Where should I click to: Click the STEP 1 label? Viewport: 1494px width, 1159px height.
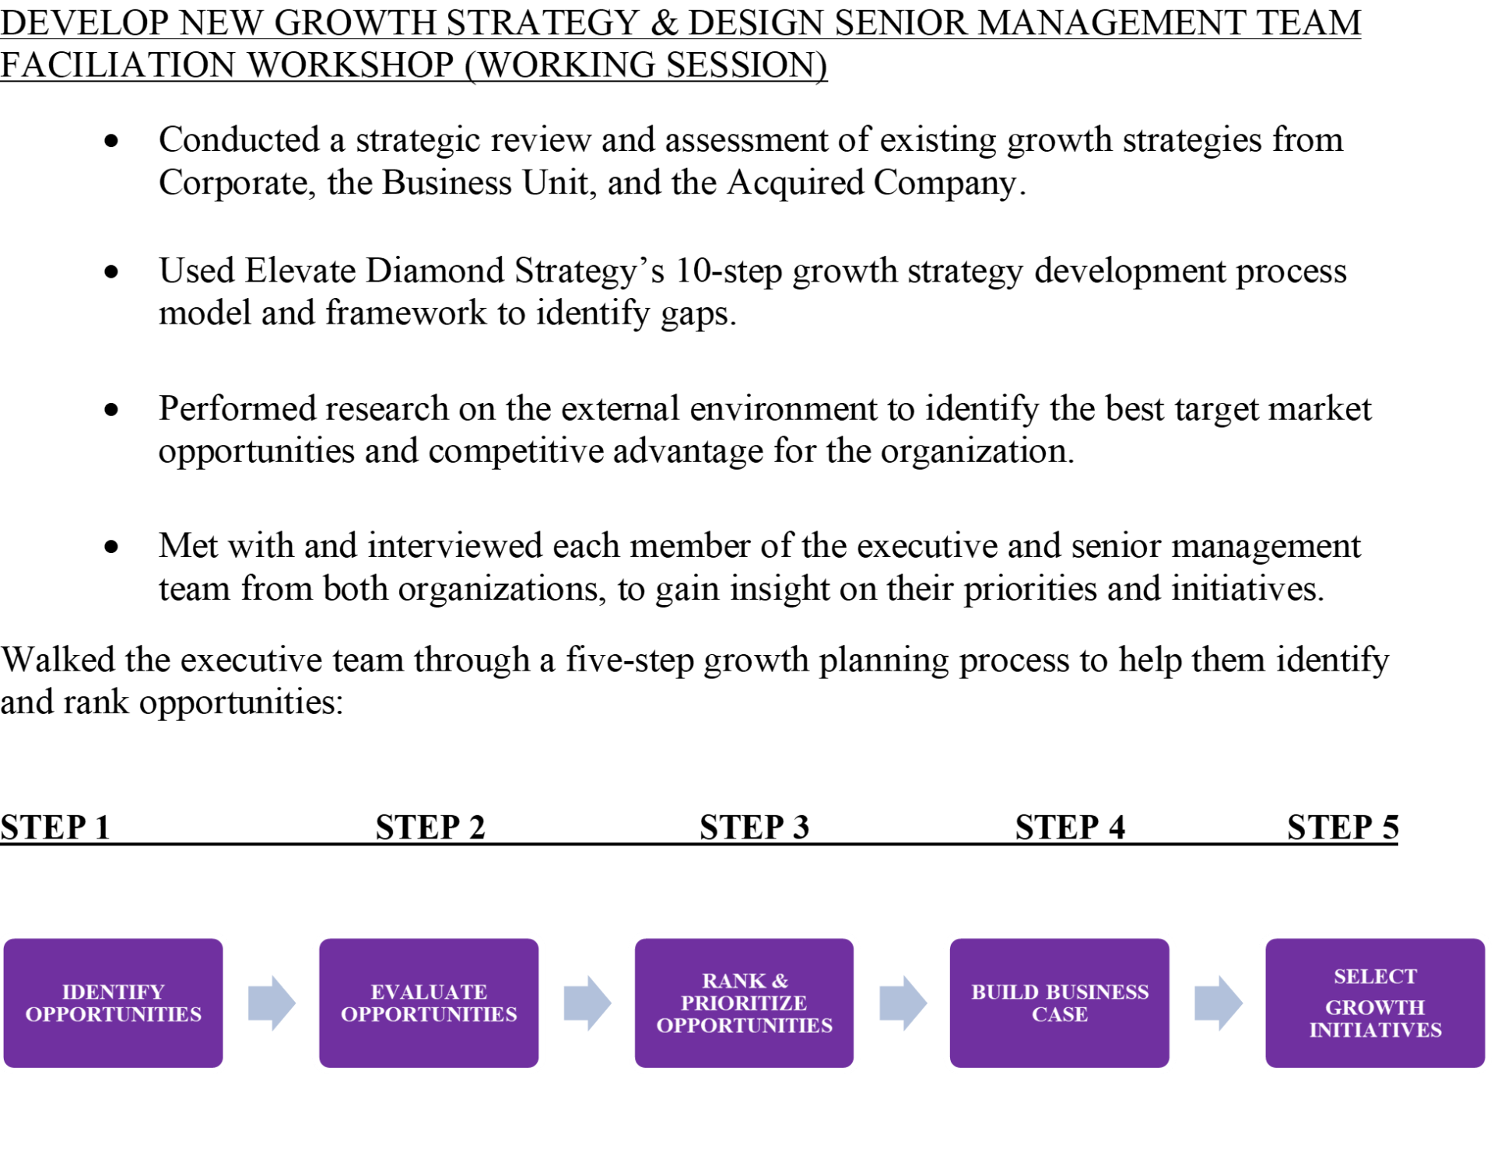55,828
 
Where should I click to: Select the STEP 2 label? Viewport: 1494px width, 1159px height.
430,828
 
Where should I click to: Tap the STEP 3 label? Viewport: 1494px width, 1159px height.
754,828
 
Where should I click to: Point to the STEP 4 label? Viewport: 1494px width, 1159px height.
1070,828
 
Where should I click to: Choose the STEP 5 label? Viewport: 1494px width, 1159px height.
1342,828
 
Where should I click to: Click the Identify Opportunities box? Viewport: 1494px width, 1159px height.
114,1003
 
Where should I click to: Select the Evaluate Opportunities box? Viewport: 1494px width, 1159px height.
429,1003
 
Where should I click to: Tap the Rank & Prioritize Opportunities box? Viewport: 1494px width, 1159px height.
744,1003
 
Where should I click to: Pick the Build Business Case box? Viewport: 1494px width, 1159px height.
1059,1003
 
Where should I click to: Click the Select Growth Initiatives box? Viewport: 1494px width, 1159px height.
1375,1003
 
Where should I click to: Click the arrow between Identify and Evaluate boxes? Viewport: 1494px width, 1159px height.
272,1003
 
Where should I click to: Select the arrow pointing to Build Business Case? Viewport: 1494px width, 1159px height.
903,1003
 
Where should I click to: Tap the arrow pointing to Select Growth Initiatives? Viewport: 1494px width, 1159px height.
1218,1003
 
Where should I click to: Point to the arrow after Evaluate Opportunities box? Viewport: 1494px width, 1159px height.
587,1003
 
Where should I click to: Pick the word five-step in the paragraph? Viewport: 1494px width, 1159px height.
629,660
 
